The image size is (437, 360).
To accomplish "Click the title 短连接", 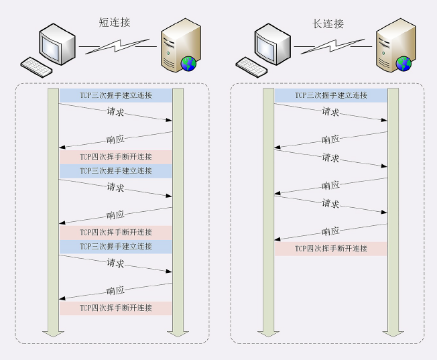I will click(115, 23).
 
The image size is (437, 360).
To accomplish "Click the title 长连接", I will click(329, 23).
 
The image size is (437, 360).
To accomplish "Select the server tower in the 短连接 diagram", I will click(180, 44).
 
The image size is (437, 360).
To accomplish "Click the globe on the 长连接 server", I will click(403, 64).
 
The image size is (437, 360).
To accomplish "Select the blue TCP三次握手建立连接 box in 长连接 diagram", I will click(331, 96).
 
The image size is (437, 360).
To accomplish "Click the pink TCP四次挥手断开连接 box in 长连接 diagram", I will click(331, 249).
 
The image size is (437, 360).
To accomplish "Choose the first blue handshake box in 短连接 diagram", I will click(116, 96).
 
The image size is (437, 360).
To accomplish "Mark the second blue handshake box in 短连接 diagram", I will click(116, 171).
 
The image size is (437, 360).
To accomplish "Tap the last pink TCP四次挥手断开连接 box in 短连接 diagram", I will click(116, 308).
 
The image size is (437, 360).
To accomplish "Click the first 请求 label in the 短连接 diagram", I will click(116, 111).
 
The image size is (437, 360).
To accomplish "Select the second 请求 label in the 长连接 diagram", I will click(330, 158).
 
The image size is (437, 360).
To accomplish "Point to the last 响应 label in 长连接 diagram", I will click(330, 231).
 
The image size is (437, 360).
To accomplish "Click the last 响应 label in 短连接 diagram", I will click(116, 291).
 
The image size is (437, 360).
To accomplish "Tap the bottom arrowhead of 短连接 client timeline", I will click(53, 333).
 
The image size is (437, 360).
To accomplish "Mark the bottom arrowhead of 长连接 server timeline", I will click(393, 333).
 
